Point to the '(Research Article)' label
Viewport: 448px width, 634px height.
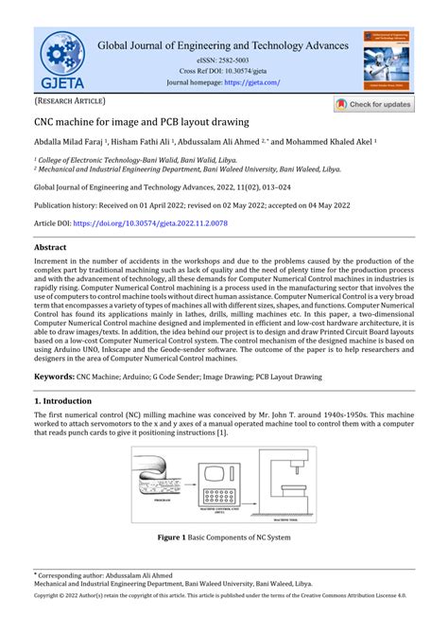[71, 100]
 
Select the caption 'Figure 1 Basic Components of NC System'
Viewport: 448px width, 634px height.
[224, 537]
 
